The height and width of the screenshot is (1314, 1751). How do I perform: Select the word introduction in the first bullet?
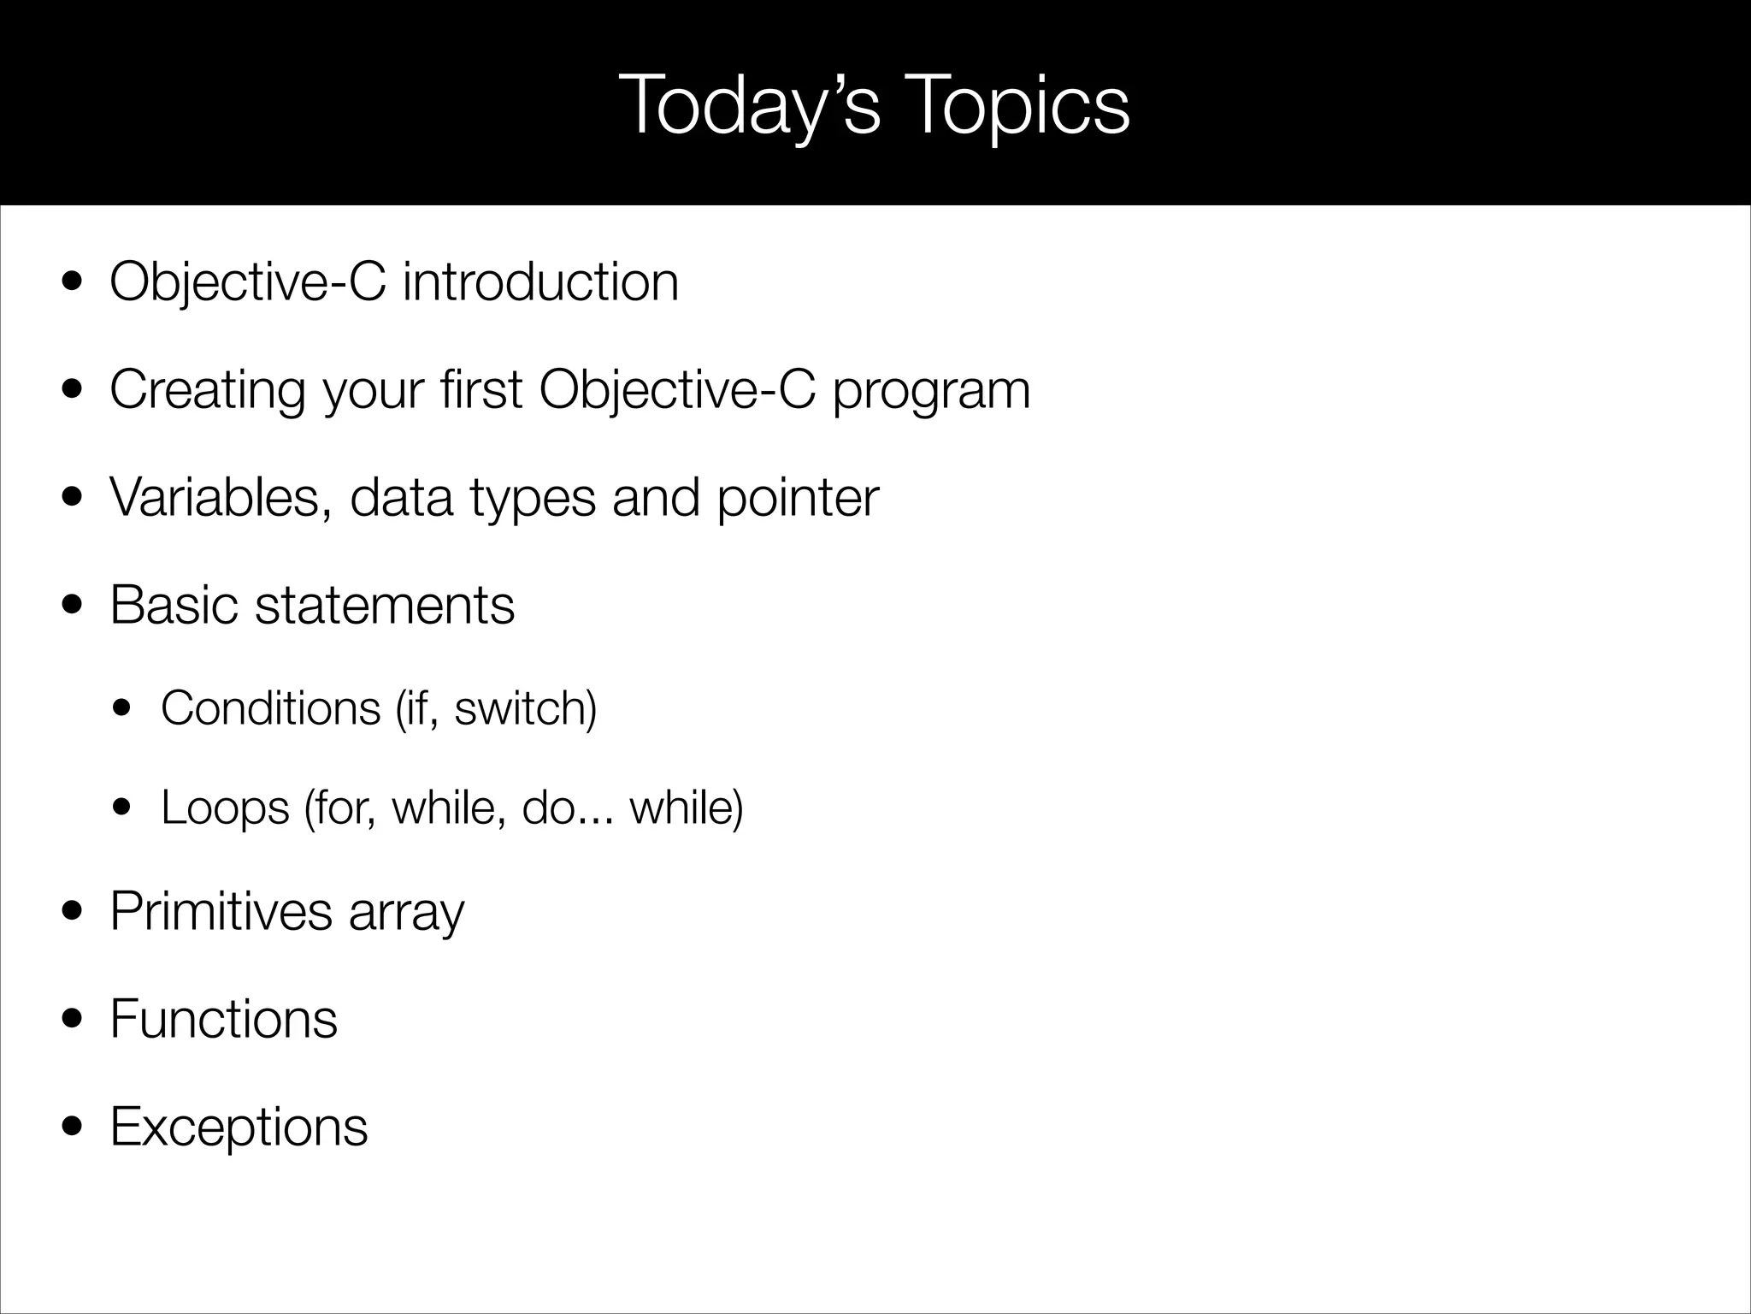point(540,281)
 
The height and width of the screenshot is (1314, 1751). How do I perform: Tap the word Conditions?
point(270,708)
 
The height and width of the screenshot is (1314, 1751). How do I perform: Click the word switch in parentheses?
point(521,708)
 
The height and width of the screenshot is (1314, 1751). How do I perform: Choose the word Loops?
point(225,807)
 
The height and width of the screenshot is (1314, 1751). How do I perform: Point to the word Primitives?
point(221,911)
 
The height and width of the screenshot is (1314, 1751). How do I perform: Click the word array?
point(406,913)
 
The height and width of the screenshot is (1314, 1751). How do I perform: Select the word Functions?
point(224,1019)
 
